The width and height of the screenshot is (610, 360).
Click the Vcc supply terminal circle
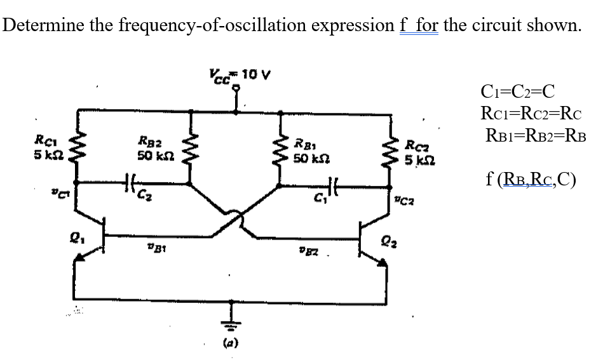click(238, 89)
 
